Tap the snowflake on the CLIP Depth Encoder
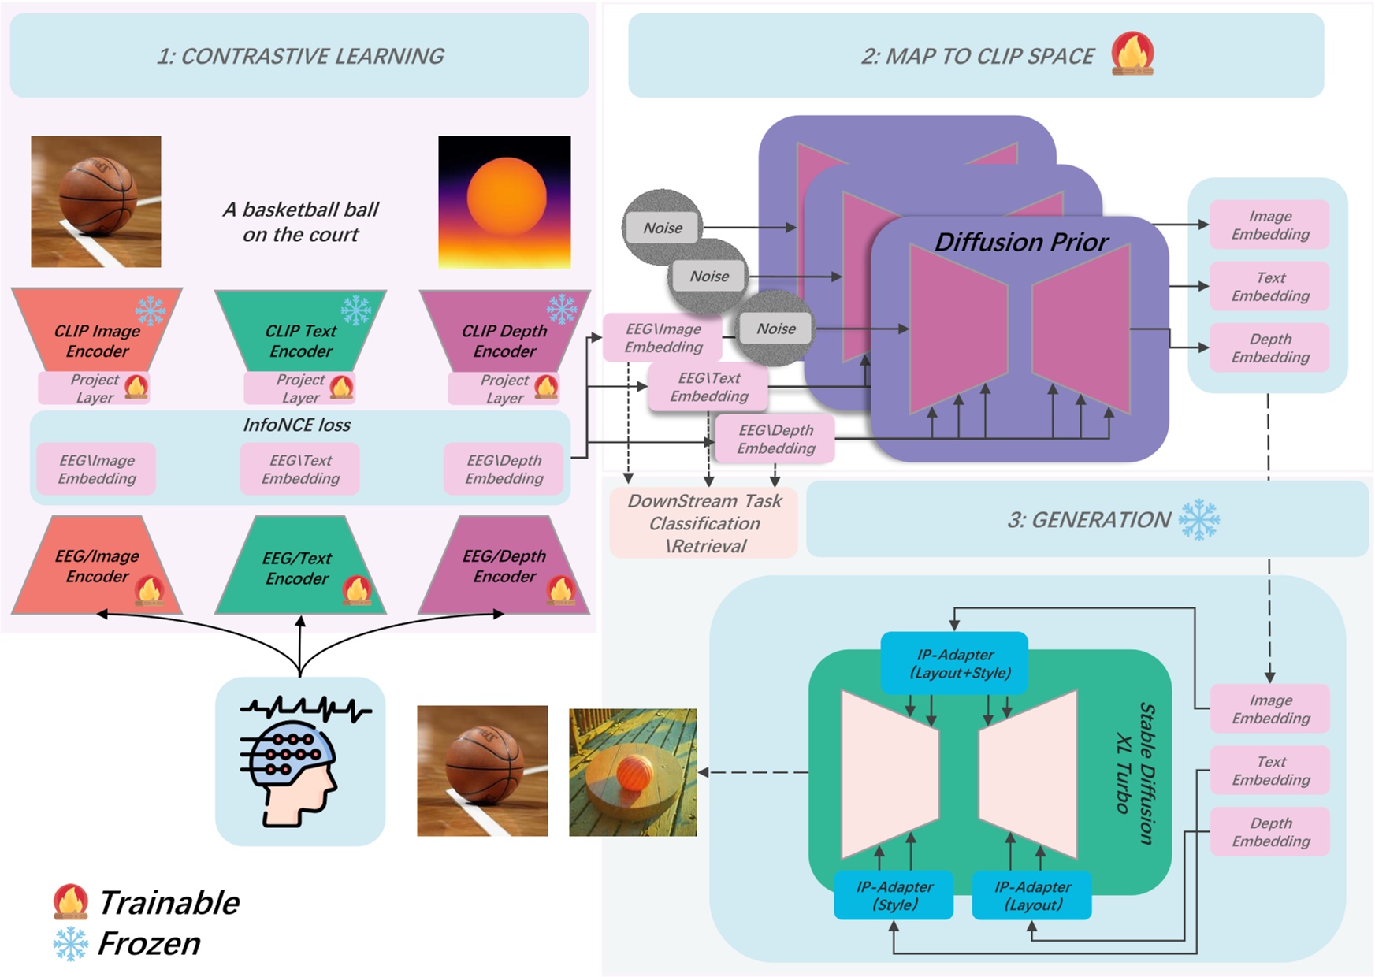(562, 309)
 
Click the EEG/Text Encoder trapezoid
(298, 567)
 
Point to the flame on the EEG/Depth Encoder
(561, 589)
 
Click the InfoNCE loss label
(296, 425)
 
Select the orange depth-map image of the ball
(504, 202)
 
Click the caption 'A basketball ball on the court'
(300, 221)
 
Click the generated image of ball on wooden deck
(633, 771)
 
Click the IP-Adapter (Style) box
(894, 896)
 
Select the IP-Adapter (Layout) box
(1031, 896)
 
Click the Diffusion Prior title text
(1021, 242)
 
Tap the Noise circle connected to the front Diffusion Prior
(775, 329)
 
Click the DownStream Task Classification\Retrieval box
(704, 523)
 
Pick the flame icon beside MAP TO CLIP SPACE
(1132, 54)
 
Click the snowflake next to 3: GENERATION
(1198, 519)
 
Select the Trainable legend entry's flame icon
(70, 901)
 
